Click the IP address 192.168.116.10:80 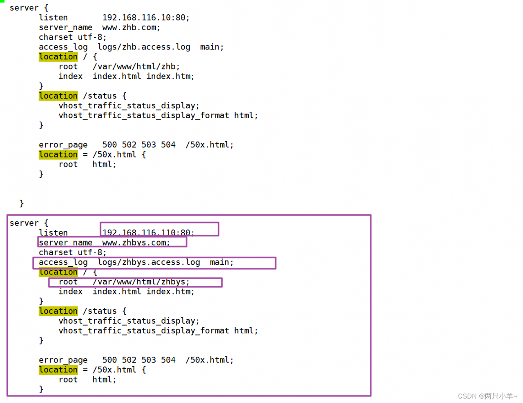tap(146, 18)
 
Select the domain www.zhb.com tap(131, 27)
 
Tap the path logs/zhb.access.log tap(144, 47)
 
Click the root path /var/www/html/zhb tap(136, 67)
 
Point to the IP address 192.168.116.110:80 tap(148, 232)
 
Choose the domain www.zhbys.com tap(136, 243)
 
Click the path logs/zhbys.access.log tap(149, 262)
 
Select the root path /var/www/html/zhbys tap(141, 282)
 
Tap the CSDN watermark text tap(487, 396)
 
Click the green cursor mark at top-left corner tap(2, 1)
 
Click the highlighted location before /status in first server tap(58, 96)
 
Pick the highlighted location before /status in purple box tap(58, 311)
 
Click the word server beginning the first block tap(24, 8)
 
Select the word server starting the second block tap(24, 223)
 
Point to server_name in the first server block tap(65, 27)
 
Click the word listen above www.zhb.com tap(53, 18)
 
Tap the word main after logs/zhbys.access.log tap(221, 262)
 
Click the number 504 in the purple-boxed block tap(168, 360)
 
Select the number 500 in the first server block tap(110, 145)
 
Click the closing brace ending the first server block tap(22, 203)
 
